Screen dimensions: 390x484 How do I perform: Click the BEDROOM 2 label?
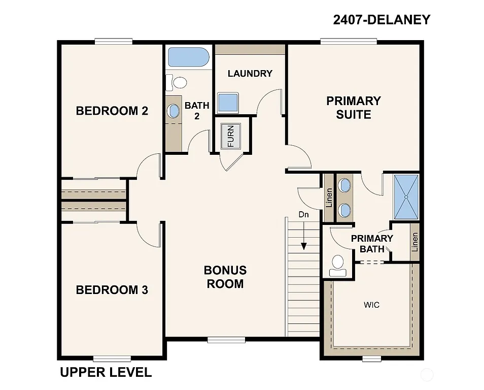tap(112, 111)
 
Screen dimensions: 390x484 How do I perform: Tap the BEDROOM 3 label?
tap(112, 290)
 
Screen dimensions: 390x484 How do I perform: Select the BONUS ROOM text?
tap(225, 277)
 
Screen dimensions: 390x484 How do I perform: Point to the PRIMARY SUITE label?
tap(354, 108)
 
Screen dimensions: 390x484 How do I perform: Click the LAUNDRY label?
tap(250, 74)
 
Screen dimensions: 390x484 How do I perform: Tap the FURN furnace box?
tap(231, 136)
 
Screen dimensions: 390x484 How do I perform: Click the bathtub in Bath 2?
tap(188, 57)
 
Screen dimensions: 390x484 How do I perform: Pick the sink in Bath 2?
tap(174, 110)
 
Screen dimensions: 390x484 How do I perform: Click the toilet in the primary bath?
tap(337, 265)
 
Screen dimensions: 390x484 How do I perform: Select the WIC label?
tap(371, 305)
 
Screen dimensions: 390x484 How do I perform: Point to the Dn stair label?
tap(303, 215)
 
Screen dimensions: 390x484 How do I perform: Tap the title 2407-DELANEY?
tap(382, 20)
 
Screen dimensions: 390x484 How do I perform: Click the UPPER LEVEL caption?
tap(106, 372)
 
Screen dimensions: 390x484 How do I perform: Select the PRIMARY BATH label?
tap(372, 244)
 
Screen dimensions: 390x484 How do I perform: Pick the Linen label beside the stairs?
tap(328, 198)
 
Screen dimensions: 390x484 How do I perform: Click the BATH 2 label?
tap(197, 111)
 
